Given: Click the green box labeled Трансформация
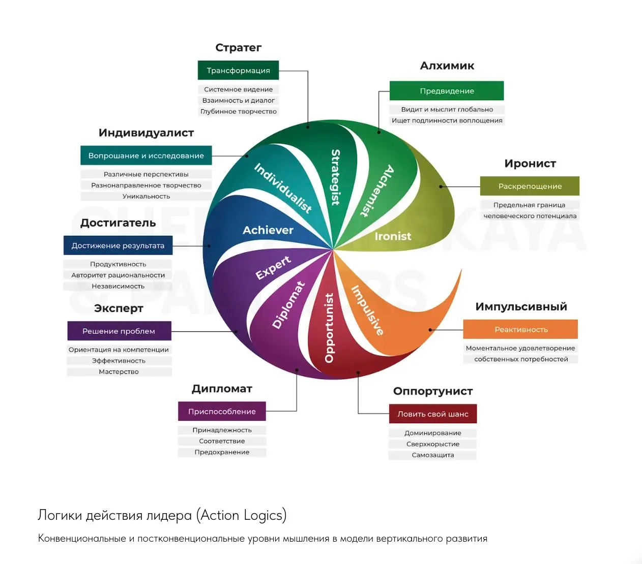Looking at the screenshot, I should pyautogui.click(x=238, y=71).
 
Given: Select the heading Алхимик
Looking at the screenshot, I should pyautogui.click(x=447, y=66).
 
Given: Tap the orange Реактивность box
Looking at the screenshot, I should pyautogui.click(x=521, y=329).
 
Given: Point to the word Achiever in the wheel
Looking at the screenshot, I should pyautogui.click(x=268, y=230).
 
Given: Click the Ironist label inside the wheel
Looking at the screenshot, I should pyautogui.click(x=393, y=236).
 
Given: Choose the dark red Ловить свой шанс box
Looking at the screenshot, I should pyautogui.click(x=433, y=414).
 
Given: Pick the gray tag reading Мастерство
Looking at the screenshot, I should pyautogui.click(x=119, y=372).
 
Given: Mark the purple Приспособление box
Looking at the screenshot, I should pyautogui.click(x=222, y=412).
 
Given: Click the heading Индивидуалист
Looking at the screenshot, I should pyautogui.click(x=146, y=133).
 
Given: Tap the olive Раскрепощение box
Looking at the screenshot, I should pyautogui.click(x=530, y=186).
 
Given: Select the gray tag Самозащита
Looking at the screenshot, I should pyautogui.click(x=433, y=455).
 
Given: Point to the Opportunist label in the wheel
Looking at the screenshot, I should pyautogui.click(x=329, y=328).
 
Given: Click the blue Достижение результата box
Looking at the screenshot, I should pyautogui.click(x=118, y=246).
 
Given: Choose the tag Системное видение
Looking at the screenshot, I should pyautogui.click(x=238, y=89).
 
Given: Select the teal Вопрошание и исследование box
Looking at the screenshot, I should pyautogui.click(x=146, y=156).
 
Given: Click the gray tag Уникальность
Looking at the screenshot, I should pyautogui.click(x=146, y=197).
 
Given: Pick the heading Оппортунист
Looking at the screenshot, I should pyautogui.click(x=433, y=391).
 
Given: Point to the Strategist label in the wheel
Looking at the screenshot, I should pyautogui.click(x=336, y=177).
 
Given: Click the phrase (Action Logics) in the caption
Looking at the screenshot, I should pyautogui.click(x=242, y=515).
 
